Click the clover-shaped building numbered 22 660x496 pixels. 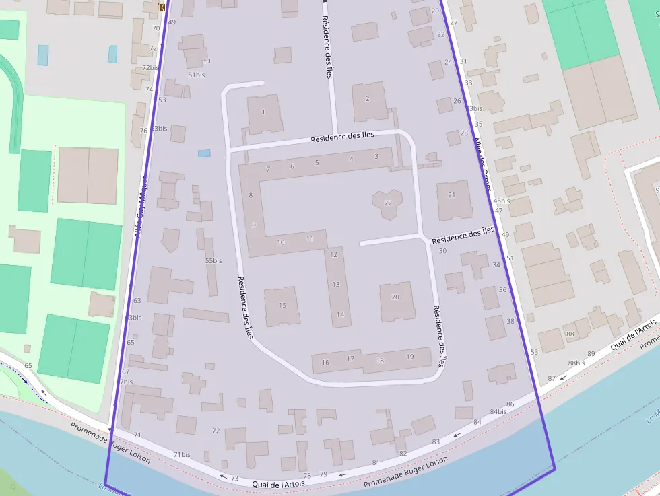(387, 203)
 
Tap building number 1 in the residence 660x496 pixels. (263, 112)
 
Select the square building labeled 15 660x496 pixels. (282, 306)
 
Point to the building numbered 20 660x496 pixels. (395, 297)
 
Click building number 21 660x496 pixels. (452, 196)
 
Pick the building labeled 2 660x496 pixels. (367, 99)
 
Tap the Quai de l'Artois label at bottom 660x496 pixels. (278, 484)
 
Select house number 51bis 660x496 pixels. (197, 75)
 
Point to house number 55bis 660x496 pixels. (213, 260)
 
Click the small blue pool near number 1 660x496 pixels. (204, 153)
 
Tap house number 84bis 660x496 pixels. (498, 411)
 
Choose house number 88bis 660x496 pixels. (576, 363)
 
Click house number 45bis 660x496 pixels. (501, 201)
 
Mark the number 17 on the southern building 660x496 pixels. (350, 358)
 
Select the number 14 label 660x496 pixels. (340, 314)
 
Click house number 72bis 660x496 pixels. (150, 68)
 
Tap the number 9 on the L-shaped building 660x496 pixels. (254, 225)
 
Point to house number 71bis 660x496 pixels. (182, 455)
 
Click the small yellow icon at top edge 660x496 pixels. (162, 7)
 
